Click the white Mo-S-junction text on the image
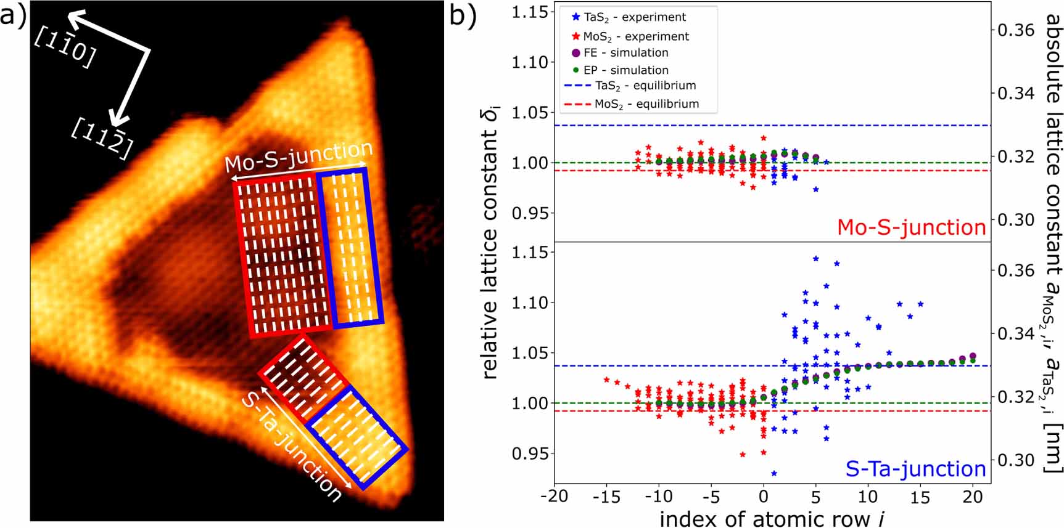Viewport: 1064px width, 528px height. [x=299, y=157]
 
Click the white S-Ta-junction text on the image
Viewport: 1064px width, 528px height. [x=291, y=446]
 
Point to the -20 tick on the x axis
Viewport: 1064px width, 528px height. [x=554, y=497]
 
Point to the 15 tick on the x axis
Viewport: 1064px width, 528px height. [x=920, y=497]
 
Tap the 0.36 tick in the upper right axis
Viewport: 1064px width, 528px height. [x=1016, y=30]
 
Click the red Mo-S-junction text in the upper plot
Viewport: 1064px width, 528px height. [x=911, y=227]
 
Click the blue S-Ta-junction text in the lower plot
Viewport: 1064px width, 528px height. [x=915, y=469]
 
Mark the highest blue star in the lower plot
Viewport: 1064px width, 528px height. [x=816, y=259]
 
